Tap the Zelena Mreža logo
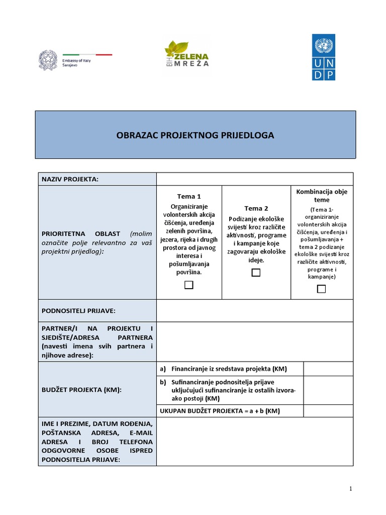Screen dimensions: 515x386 [186, 54]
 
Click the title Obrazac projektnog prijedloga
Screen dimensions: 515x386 [196, 135]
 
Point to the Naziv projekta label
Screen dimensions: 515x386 [70, 179]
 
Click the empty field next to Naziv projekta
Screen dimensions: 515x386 [255, 179]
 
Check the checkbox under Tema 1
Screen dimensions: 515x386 [188, 285]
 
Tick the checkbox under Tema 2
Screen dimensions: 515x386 [256, 273]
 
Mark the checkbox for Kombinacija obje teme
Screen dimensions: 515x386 [321, 289]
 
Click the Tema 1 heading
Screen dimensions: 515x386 [188, 196]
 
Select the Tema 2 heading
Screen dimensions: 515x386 [256, 208]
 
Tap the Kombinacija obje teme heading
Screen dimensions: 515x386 [322, 196]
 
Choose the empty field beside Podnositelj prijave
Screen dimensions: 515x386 [255, 310]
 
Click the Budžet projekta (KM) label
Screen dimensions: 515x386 [81, 390]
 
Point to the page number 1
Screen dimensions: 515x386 [351, 489]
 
